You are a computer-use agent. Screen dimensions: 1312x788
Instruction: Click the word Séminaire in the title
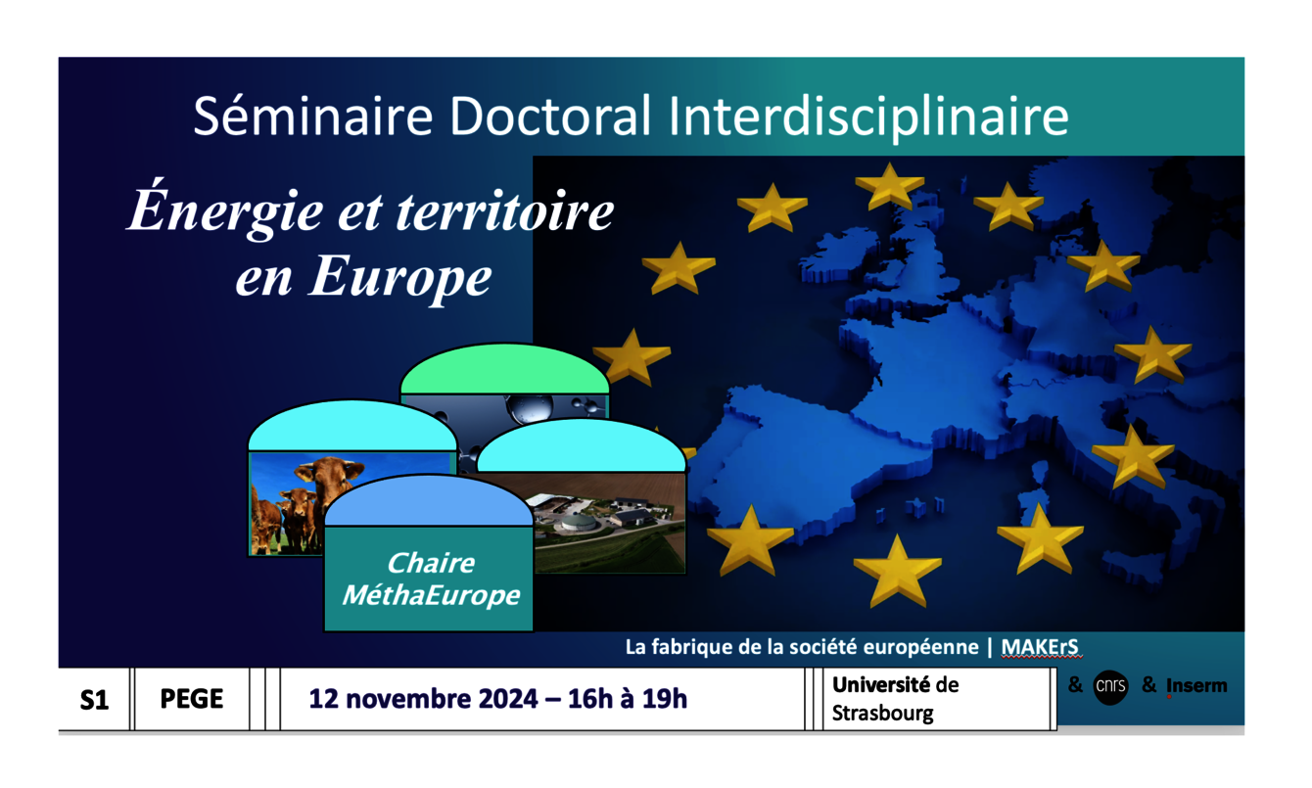coord(313,116)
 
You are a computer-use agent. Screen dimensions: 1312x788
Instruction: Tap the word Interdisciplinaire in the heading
coord(868,117)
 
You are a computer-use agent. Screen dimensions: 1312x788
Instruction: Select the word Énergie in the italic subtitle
coord(225,209)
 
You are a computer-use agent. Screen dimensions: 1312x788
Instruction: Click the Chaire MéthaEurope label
coord(431,579)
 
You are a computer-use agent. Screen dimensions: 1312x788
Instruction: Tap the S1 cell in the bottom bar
coord(94,700)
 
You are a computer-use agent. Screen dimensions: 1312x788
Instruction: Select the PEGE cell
coord(192,699)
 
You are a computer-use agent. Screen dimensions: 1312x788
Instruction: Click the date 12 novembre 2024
coord(423,699)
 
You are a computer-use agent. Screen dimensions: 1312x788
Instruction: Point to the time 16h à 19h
coord(628,699)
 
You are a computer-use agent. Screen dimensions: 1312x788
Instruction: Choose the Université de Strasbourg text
coord(896,699)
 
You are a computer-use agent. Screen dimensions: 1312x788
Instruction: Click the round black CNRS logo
coord(1110,687)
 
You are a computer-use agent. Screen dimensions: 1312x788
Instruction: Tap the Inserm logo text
coord(1196,685)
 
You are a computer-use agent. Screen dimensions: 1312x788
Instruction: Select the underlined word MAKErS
coord(1040,647)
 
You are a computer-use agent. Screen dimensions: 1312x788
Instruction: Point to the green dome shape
coord(505,369)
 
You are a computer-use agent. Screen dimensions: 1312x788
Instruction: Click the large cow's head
coord(330,476)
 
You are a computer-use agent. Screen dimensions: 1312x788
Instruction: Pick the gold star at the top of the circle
coord(890,186)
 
